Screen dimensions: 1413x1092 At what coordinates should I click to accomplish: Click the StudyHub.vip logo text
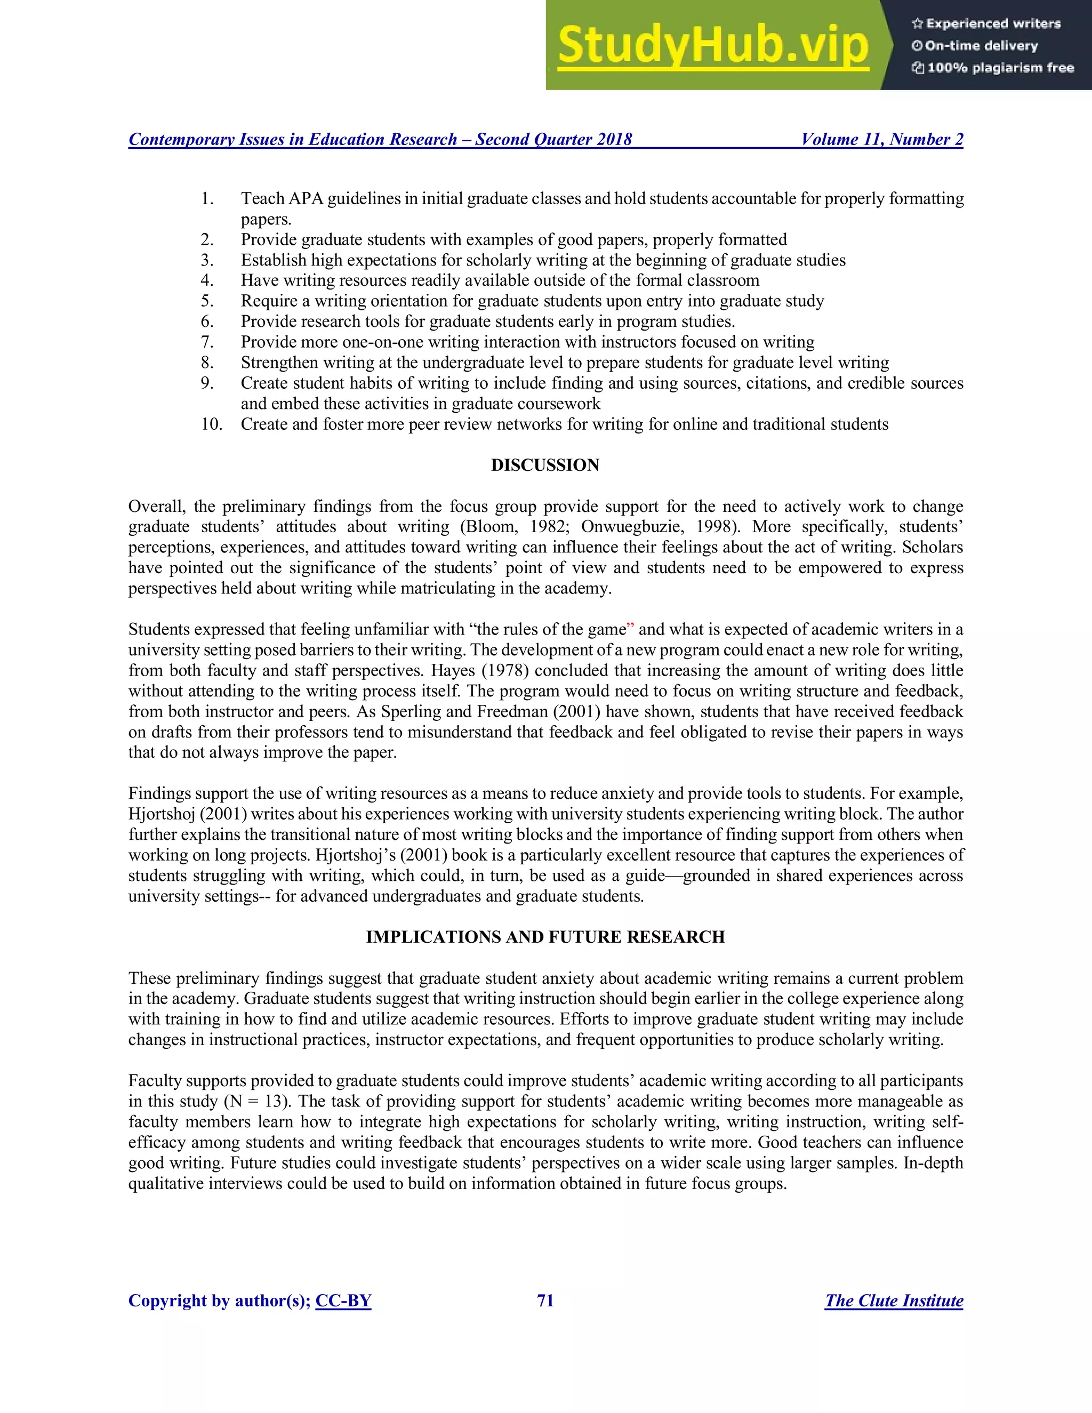pyautogui.click(x=712, y=45)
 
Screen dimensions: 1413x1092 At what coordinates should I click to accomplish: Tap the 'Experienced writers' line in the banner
pyautogui.click(x=987, y=24)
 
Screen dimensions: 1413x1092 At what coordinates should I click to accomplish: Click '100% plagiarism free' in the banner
pyautogui.click(x=993, y=68)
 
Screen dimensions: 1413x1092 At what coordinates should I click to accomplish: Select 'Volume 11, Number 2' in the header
pyautogui.click(x=882, y=139)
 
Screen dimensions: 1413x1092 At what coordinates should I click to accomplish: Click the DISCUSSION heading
pyautogui.click(x=545, y=465)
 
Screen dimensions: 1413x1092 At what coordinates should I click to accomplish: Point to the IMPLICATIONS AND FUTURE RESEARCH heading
pyautogui.click(x=545, y=937)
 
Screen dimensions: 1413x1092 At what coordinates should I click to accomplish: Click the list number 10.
pyautogui.click(x=211, y=424)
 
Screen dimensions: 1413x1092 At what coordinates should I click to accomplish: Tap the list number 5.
pyautogui.click(x=207, y=301)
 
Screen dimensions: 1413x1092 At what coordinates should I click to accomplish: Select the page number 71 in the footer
pyautogui.click(x=545, y=1300)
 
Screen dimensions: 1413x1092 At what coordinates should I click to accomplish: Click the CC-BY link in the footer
pyautogui.click(x=343, y=1300)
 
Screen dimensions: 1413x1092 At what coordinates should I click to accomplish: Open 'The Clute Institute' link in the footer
pyautogui.click(x=894, y=1300)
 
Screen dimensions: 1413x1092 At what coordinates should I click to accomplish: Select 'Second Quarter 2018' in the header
pyautogui.click(x=553, y=139)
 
